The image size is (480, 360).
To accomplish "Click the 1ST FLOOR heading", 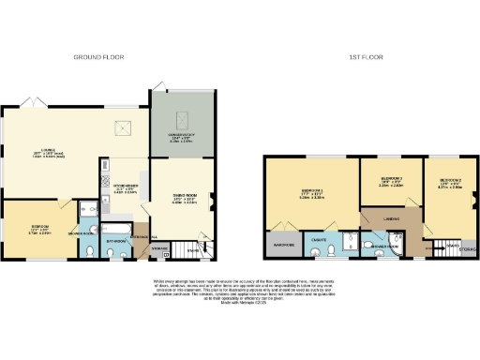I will click(363, 57).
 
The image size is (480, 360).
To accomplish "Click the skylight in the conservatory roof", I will click(184, 117).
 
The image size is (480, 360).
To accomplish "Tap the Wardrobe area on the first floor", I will click(285, 247).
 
